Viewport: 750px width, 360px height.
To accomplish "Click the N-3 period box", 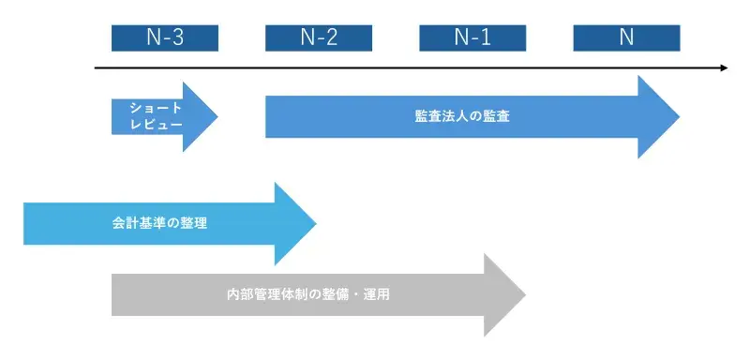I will tap(164, 37).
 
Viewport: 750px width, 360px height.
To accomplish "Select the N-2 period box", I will tap(319, 37).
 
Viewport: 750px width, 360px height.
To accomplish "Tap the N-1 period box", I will tap(472, 37).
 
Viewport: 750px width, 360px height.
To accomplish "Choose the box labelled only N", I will tap(626, 37).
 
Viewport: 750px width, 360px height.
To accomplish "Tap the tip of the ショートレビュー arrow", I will tap(216, 116).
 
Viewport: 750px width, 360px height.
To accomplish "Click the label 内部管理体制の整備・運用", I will tap(307, 294).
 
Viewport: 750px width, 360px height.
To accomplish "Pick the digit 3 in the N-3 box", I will tap(178, 37).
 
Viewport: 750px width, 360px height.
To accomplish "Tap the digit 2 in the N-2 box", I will tap(332, 37).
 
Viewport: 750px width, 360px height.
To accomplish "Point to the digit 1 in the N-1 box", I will tap(487, 37).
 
